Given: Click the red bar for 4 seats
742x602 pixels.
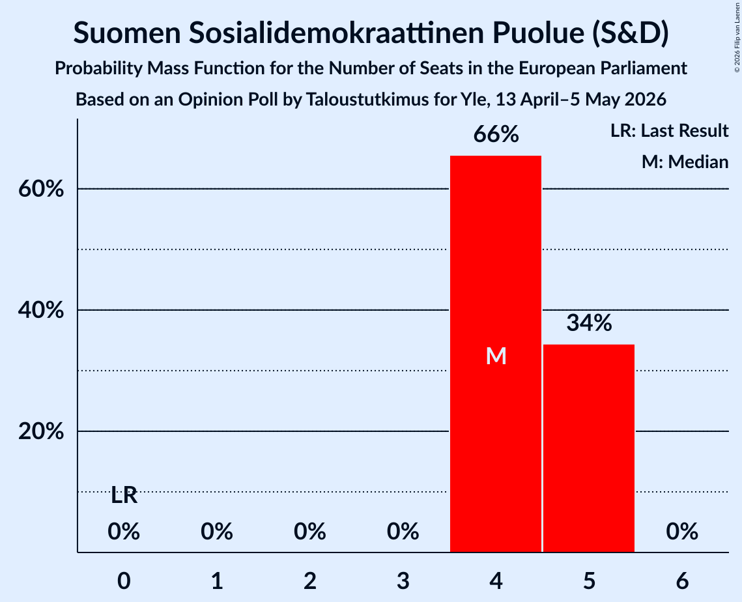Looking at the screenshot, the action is (x=496, y=354).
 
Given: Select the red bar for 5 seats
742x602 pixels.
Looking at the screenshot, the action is (x=589, y=448).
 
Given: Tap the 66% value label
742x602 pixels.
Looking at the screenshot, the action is (x=496, y=134).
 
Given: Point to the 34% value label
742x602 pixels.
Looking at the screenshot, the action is (x=589, y=322).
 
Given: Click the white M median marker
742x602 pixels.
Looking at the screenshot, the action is (x=496, y=356).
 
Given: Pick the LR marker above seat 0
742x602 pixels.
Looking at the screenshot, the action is (x=124, y=496).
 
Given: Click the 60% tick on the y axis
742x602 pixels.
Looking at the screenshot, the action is (x=41, y=190).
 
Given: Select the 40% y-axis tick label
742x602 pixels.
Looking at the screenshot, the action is (x=41, y=311).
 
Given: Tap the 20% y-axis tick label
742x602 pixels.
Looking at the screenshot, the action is (x=41, y=431).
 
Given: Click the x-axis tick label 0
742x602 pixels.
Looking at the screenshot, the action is (x=124, y=580).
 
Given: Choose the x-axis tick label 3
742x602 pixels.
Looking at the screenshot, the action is (x=403, y=580).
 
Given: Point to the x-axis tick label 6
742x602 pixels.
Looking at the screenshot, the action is (x=682, y=580).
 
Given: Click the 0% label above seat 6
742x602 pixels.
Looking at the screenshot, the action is (x=682, y=532).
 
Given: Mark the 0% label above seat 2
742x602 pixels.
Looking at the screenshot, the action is (x=310, y=532).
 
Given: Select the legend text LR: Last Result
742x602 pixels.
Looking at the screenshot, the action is (x=669, y=130).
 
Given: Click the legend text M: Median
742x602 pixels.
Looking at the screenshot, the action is (x=685, y=162).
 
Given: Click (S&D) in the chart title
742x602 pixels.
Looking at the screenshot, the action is (x=631, y=33).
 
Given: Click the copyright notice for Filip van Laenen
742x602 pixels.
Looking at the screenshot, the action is (x=737, y=37).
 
